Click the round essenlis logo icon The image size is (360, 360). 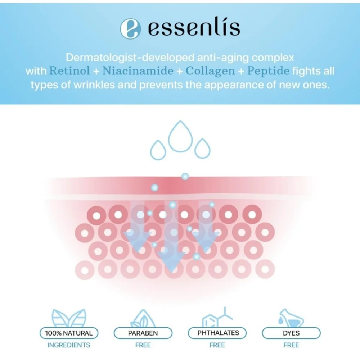131,29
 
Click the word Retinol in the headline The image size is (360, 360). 69,70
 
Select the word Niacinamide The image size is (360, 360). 138,70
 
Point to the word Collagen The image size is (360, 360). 210,71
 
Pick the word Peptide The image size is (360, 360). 268,71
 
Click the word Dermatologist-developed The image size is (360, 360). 130,58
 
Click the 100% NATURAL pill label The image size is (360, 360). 69,333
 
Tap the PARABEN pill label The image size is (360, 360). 143,333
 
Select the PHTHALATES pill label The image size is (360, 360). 217,333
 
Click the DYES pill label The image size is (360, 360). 291,333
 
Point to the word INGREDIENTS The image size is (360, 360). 69,345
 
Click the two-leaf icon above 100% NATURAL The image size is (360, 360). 69,318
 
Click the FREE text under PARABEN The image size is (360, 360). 143,345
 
